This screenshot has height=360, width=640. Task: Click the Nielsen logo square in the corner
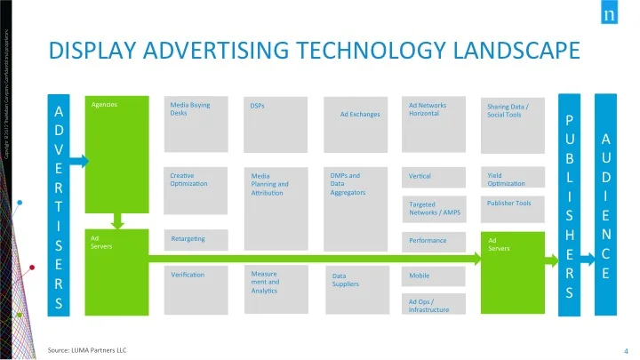point(610,15)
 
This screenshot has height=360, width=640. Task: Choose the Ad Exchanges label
point(360,115)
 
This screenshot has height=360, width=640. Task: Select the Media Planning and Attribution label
point(270,184)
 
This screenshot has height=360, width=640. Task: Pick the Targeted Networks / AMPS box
point(434,208)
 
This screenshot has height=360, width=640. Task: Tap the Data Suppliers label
point(346,280)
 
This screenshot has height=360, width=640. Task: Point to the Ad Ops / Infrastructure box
point(434,305)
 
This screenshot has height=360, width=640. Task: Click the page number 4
point(627,350)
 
